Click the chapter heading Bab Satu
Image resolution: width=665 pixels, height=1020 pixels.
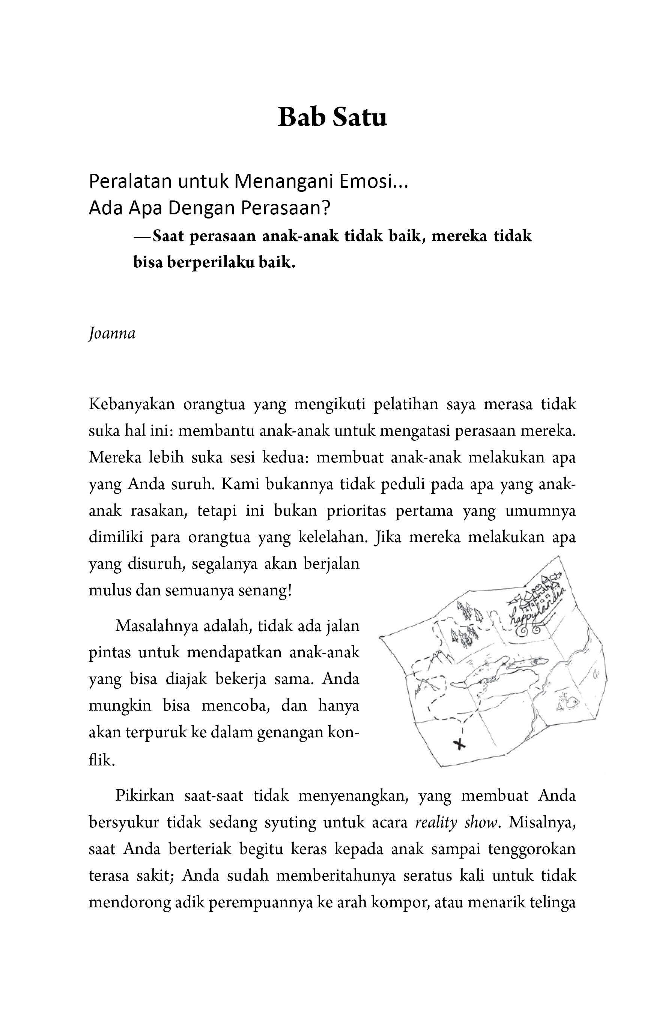click(332, 117)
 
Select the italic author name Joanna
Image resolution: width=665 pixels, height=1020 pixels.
click(112, 333)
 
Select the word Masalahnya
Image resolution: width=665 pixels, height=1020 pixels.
click(157, 626)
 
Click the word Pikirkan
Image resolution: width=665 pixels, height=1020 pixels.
click(145, 796)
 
